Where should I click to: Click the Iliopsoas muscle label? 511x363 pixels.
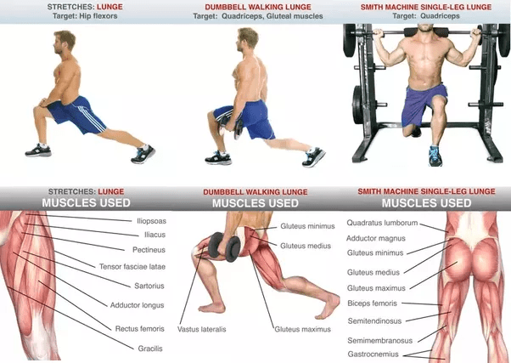click(x=152, y=221)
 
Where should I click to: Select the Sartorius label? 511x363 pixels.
click(x=149, y=286)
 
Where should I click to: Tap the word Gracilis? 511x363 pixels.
click(x=150, y=349)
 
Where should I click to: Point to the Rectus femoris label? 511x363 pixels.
click(x=140, y=329)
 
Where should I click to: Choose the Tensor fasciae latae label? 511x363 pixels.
click(x=132, y=267)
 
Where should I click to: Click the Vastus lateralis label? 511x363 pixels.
click(x=202, y=329)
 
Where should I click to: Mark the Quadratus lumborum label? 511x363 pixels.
click(x=382, y=223)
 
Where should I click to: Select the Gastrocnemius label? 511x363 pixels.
click(x=373, y=354)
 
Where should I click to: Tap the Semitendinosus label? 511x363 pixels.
click(x=374, y=320)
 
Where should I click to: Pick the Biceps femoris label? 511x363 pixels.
click(x=372, y=303)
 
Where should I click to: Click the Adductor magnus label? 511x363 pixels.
click(x=376, y=238)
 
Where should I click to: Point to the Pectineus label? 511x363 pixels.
click(x=149, y=250)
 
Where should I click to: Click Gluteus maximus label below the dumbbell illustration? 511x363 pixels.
click(x=303, y=329)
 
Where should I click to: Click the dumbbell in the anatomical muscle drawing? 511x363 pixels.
click(x=224, y=247)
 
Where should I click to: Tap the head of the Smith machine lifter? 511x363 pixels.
click(x=425, y=27)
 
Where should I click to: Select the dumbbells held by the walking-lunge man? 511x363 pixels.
click(x=232, y=126)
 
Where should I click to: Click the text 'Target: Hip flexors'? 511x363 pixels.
click(x=85, y=16)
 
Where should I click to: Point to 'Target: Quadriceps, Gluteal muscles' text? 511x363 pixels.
click(x=258, y=16)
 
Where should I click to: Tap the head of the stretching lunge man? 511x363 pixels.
click(x=65, y=43)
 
